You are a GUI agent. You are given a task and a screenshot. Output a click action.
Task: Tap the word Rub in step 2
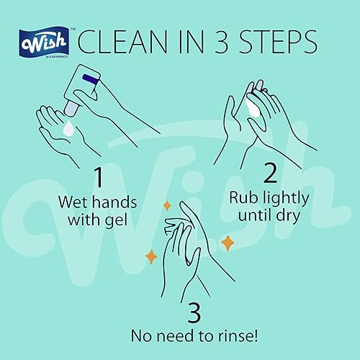pos(243,197)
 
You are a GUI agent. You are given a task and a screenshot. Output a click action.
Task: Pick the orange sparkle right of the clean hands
pos(228,243)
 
